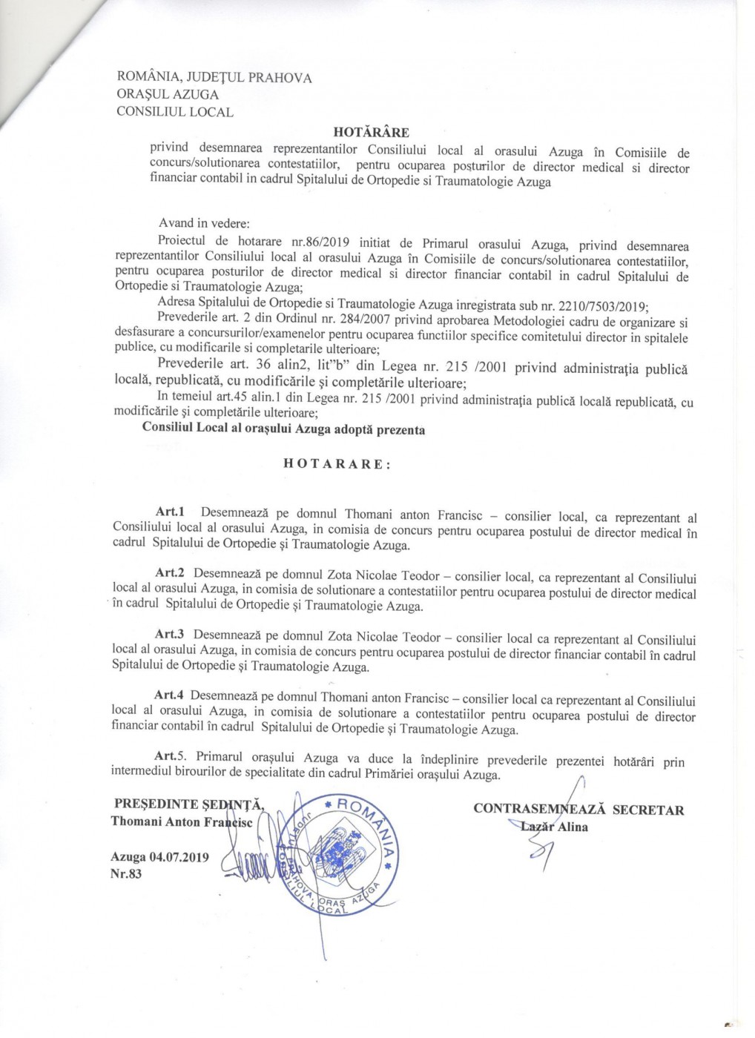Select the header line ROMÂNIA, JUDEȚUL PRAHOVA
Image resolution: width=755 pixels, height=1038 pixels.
214,78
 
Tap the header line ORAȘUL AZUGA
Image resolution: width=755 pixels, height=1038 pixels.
168,95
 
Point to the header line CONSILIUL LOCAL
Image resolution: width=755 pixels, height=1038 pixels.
175,113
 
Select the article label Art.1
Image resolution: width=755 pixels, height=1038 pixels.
170,512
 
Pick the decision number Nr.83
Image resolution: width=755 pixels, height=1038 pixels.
126,873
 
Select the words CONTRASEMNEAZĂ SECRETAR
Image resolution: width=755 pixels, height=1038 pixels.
578,810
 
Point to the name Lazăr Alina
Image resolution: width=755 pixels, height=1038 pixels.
553,827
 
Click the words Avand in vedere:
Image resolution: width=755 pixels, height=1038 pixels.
205,223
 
